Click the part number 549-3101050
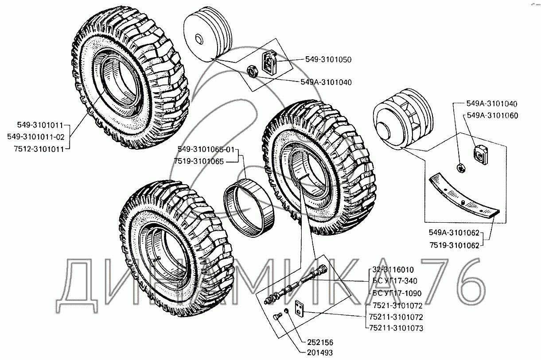(328, 60)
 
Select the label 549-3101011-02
(36, 137)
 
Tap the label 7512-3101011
(39, 149)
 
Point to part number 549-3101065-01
(206, 150)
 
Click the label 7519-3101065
(199, 161)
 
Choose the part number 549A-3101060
(492, 116)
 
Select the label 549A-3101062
(454, 232)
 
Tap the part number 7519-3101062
(454, 245)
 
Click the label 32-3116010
(393, 270)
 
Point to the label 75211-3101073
(396, 328)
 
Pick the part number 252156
(320, 342)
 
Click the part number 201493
(320, 353)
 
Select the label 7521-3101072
(397, 306)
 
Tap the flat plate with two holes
(300, 308)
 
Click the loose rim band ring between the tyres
(249, 207)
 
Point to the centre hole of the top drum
(198, 39)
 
